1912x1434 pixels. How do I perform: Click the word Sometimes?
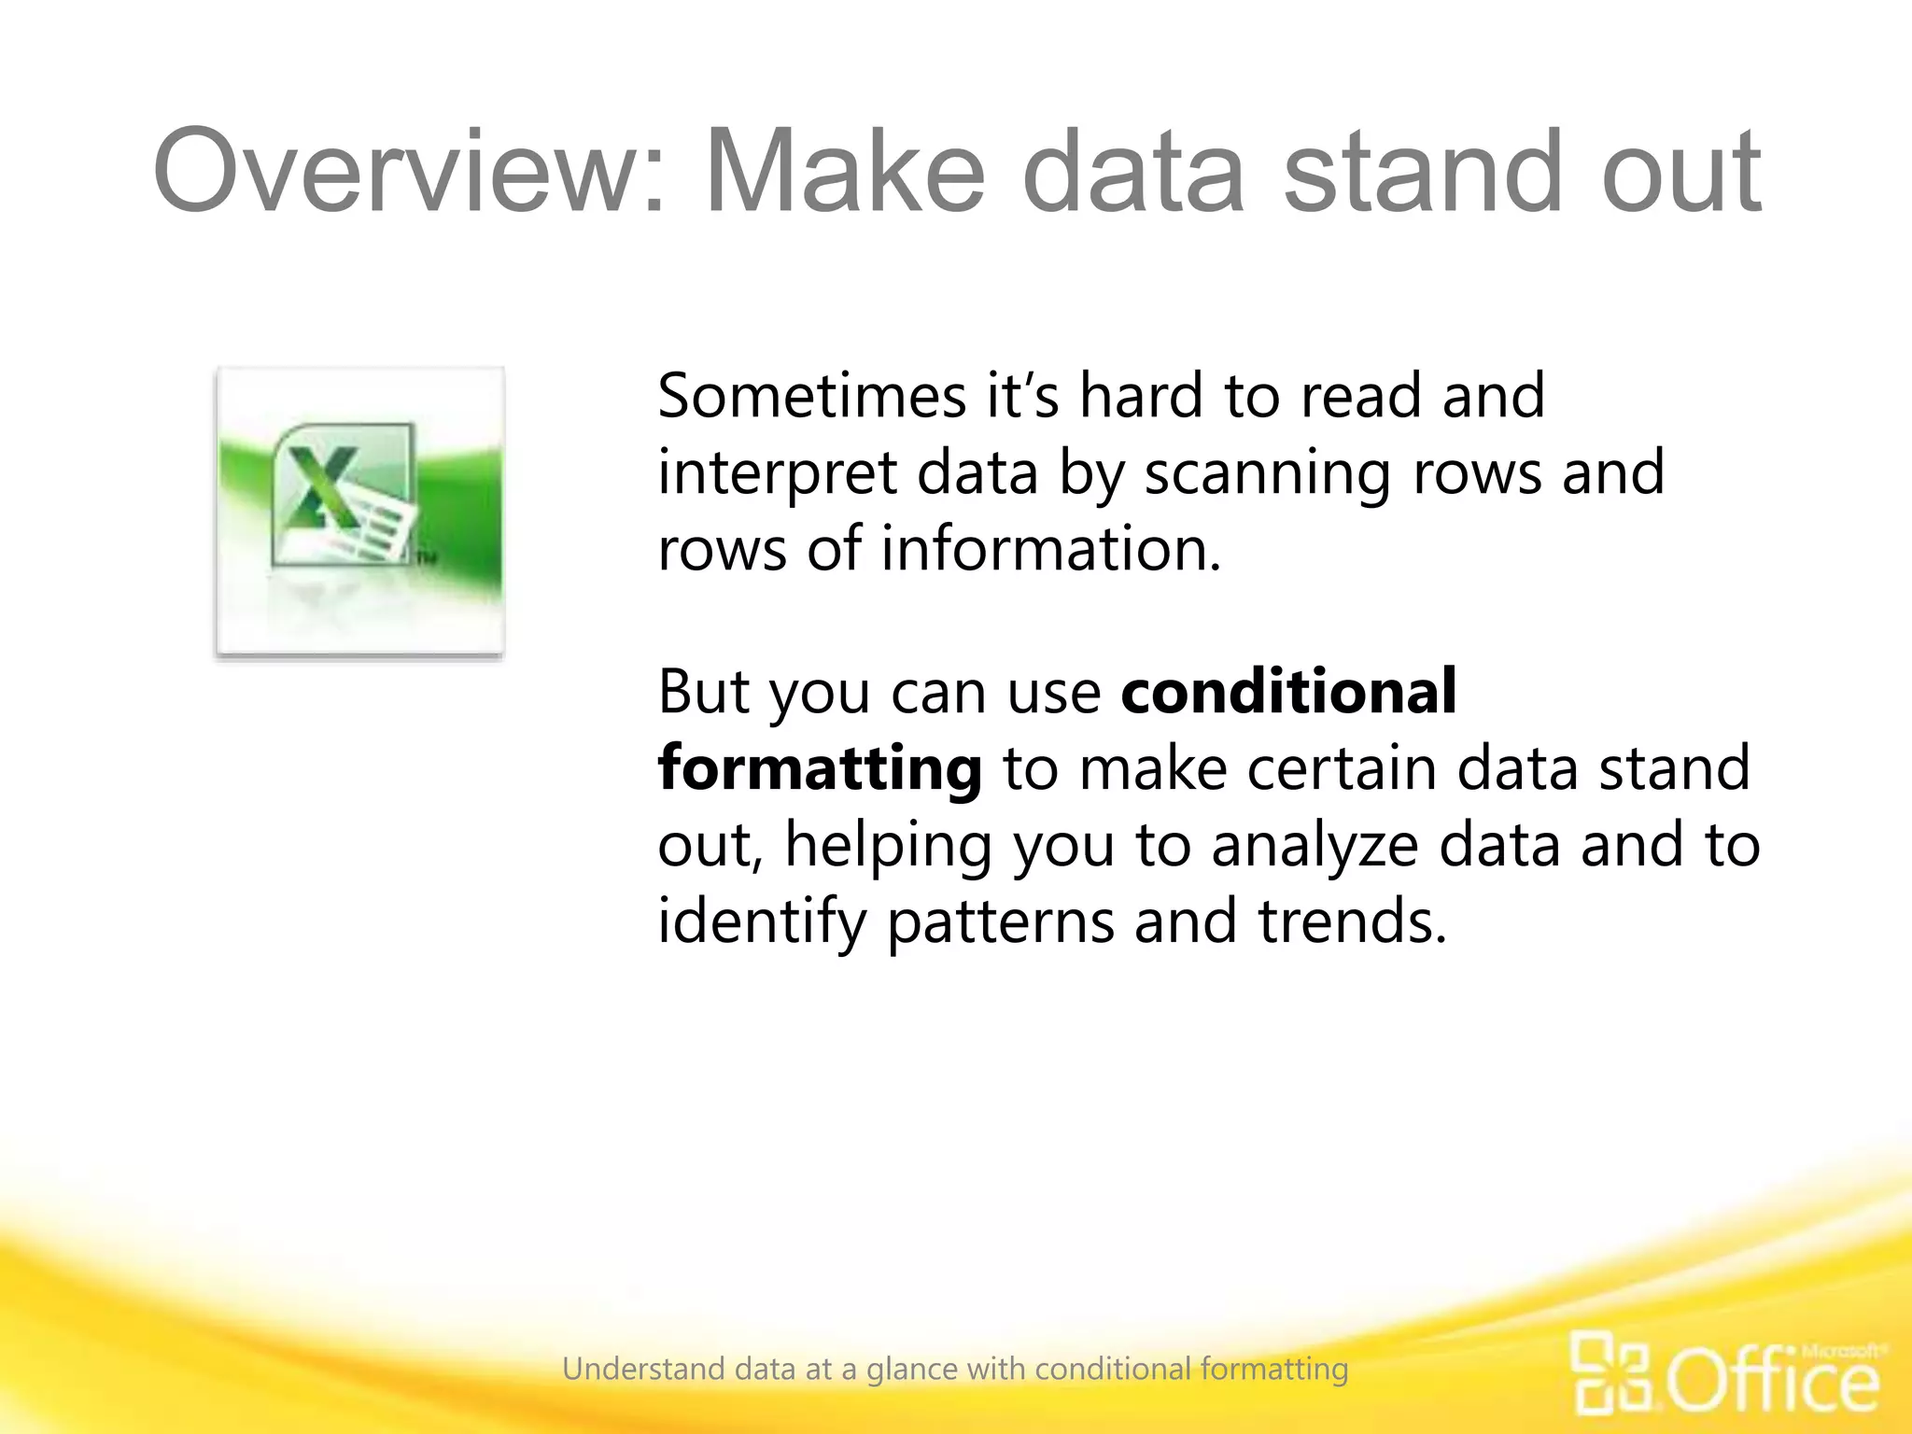811,396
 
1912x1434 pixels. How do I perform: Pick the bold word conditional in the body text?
1288,692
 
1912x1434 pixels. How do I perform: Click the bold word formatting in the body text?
820,769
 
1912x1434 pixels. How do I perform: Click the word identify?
761,922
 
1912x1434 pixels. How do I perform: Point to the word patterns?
1000,922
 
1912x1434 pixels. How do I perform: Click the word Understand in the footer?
643,1370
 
